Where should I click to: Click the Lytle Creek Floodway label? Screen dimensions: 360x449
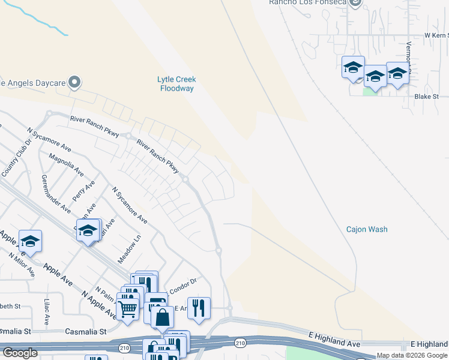click(x=177, y=83)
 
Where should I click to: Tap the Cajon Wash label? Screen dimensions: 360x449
click(x=367, y=229)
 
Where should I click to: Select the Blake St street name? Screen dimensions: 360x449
click(x=427, y=96)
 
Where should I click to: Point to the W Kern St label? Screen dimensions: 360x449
click(x=436, y=35)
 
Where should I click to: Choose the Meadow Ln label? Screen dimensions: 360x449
click(x=129, y=249)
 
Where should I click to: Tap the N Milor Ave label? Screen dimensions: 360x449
click(x=21, y=265)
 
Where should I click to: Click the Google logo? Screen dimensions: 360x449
click(x=20, y=353)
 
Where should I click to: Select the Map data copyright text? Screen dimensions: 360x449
click(x=412, y=355)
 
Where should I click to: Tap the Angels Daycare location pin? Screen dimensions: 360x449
click(x=74, y=82)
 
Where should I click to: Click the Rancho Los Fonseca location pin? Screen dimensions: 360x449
click(x=355, y=3)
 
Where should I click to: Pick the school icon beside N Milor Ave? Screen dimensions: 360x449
click(x=30, y=241)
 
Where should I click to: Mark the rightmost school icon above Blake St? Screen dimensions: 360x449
click(x=397, y=73)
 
